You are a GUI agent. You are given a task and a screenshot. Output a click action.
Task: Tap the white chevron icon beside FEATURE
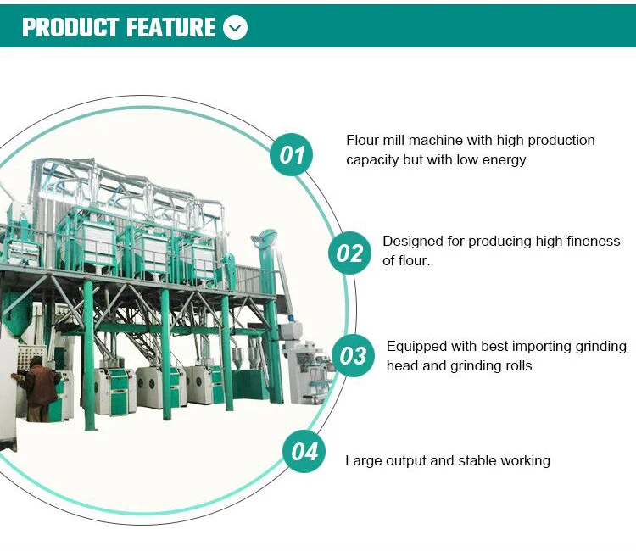pyautogui.click(x=235, y=28)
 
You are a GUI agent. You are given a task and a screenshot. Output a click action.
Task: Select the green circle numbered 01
pyautogui.click(x=292, y=155)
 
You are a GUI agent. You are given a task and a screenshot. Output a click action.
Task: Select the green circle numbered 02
pyautogui.click(x=350, y=253)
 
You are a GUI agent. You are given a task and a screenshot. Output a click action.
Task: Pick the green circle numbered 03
pyautogui.click(x=353, y=355)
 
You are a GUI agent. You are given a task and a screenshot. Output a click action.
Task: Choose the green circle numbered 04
pyautogui.click(x=304, y=452)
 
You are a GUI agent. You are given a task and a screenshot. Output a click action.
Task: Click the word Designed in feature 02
pyautogui.click(x=412, y=242)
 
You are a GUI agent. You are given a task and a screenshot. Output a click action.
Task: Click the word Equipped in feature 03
pyautogui.click(x=416, y=346)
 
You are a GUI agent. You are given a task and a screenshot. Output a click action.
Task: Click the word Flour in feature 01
pyautogui.click(x=361, y=140)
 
